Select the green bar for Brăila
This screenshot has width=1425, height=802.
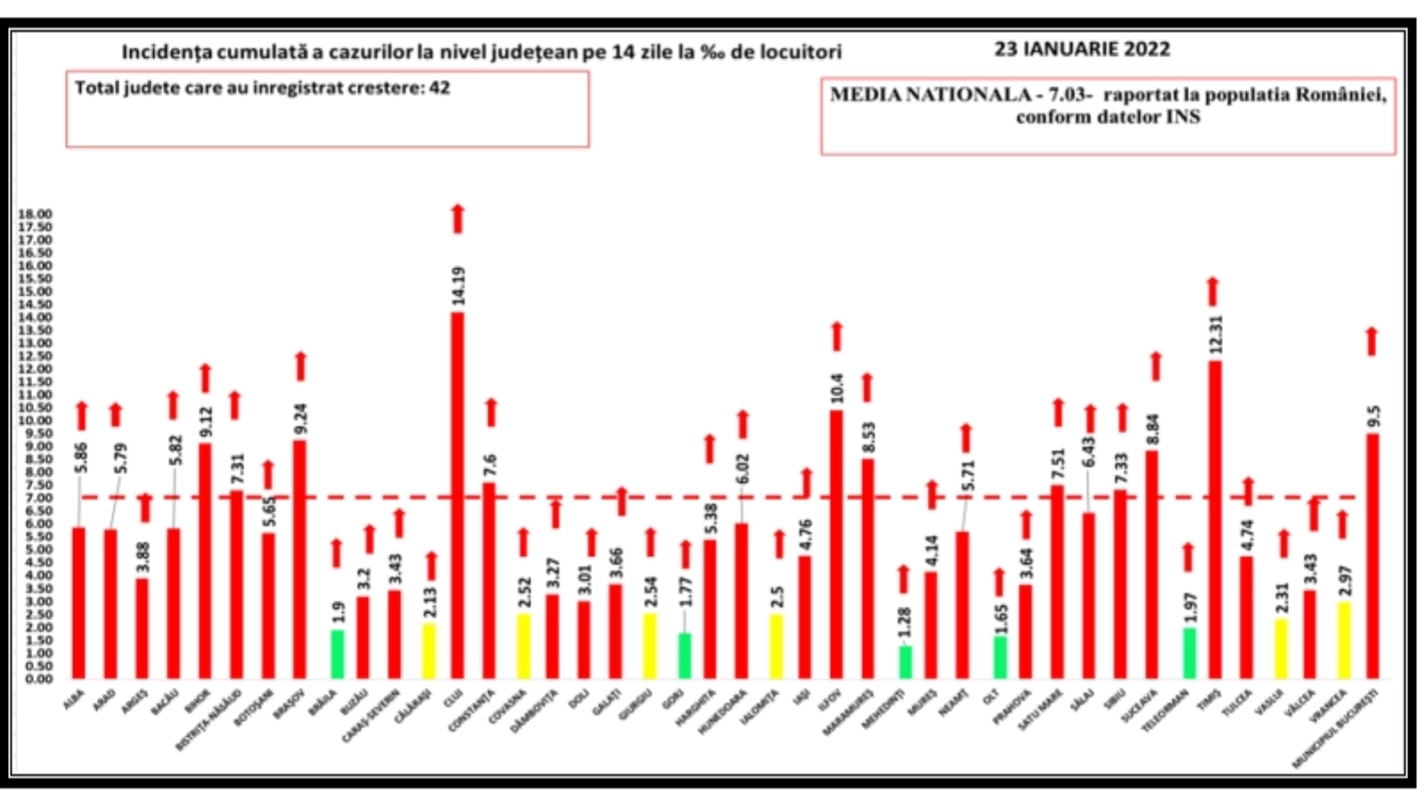338,654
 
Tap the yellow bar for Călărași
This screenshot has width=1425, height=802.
429,651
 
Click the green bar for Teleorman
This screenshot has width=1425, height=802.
1189,653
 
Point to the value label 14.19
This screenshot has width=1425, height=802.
459,286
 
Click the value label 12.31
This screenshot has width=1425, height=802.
1217,335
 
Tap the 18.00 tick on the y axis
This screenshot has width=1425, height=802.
36,214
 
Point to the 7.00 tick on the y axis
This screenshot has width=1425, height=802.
36,497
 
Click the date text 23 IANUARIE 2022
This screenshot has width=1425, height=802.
1082,50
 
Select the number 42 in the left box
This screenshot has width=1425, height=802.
439,88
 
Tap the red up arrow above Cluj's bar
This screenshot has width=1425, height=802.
458,219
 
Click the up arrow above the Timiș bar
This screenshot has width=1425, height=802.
1212,291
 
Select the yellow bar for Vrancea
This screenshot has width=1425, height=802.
1344,640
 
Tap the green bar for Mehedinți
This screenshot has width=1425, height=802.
905,662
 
